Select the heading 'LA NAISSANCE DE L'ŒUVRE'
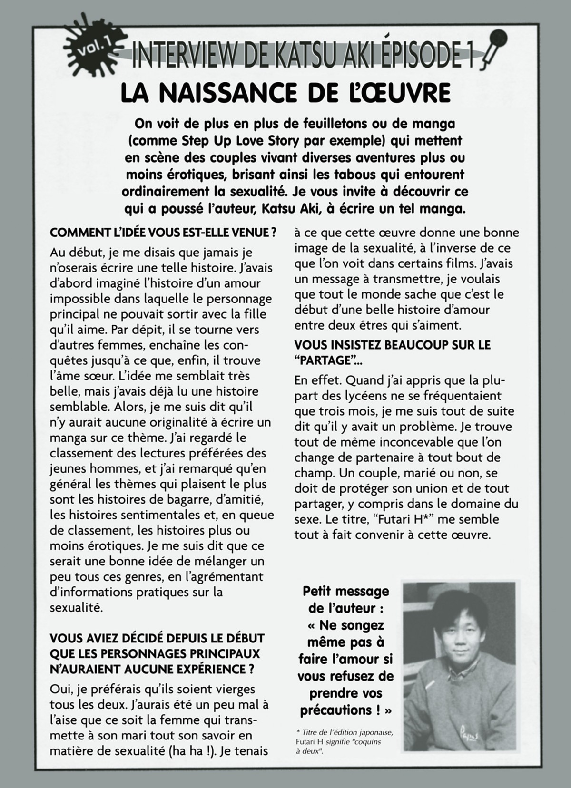pos(285,92)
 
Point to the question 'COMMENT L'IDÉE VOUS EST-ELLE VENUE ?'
pos(163,233)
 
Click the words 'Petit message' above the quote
pos(345,591)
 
